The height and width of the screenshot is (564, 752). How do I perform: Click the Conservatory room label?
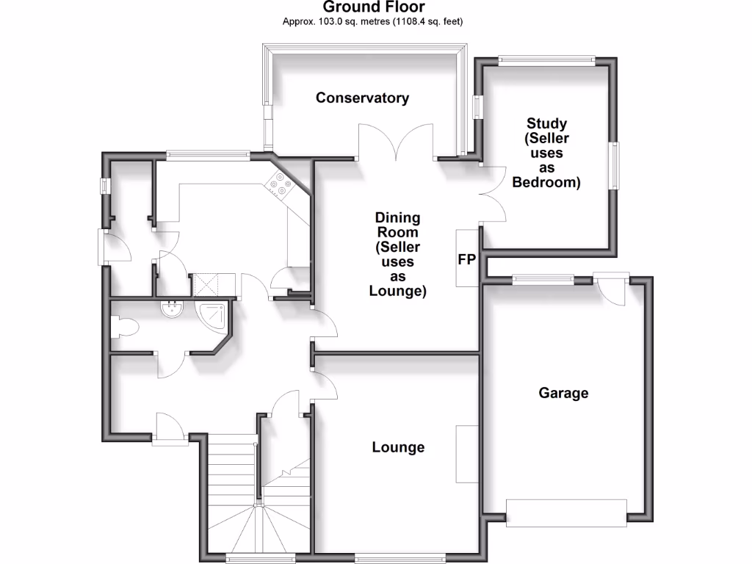click(x=362, y=98)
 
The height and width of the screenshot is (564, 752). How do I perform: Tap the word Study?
click(x=546, y=123)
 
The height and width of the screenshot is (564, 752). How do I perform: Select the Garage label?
click(x=563, y=393)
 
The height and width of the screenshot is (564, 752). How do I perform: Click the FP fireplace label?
click(x=467, y=259)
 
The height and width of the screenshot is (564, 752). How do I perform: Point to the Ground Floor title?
click(x=372, y=7)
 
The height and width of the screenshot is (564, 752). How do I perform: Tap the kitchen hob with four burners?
click(x=280, y=184)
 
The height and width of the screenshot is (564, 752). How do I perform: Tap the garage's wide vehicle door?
click(x=566, y=512)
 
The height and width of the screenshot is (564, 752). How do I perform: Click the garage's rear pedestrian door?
click(x=610, y=286)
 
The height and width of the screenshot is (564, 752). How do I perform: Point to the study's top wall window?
click(x=546, y=61)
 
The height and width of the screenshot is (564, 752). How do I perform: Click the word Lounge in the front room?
click(x=398, y=447)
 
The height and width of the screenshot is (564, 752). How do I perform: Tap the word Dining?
click(x=397, y=217)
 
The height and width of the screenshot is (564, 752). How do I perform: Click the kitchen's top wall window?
click(x=208, y=155)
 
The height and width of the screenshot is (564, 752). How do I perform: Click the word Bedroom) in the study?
click(x=546, y=182)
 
